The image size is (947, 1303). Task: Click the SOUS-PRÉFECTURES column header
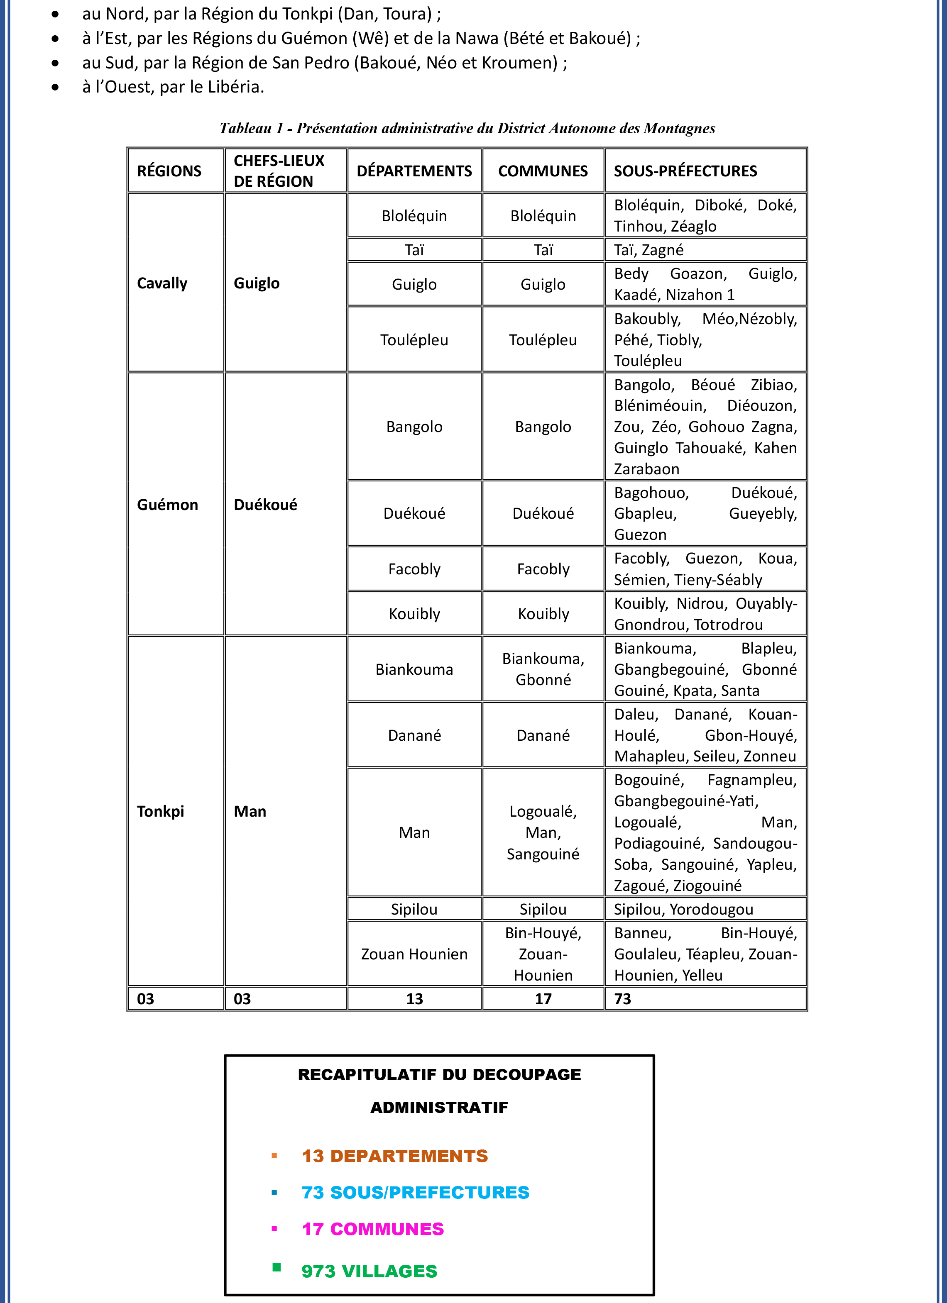click(685, 171)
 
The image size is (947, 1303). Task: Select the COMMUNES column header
click(543, 171)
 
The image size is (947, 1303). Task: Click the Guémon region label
click(167, 505)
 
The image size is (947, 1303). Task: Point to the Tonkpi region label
click(160, 811)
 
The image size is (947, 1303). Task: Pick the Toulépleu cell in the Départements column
click(414, 339)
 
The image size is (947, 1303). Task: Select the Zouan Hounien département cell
click(414, 954)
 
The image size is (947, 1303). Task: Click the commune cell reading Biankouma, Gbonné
click(543, 669)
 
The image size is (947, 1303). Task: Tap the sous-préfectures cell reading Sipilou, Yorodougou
click(683, 909)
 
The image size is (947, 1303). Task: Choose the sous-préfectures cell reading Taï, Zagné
click(649, 250)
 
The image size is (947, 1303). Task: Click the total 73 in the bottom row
click(622, 998)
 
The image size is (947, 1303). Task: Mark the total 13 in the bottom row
click(414, 998)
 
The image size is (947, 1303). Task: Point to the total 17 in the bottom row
click(543, 998)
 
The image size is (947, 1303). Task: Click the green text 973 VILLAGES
click(369, 1271)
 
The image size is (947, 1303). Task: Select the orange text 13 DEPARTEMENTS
click(395, 1155)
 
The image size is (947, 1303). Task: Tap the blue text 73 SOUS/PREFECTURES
click(415, 1192)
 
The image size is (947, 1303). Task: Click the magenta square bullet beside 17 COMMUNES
click(274, 1229)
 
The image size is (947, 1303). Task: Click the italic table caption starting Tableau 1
click(467, 128)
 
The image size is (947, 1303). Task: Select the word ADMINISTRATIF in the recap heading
click(439, 1107)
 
